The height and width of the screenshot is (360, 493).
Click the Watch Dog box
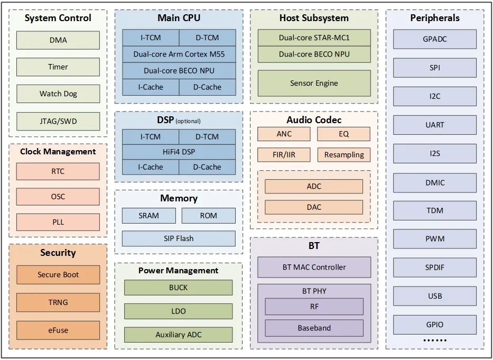[58, 94]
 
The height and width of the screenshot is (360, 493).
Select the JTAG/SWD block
[58, 121]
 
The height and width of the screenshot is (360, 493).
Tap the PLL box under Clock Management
[58, 222]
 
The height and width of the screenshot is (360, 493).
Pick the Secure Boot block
[58, 275]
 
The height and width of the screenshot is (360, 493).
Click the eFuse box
[58, 330]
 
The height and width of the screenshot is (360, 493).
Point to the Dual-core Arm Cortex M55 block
[179, 54]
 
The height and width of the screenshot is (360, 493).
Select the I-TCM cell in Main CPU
[151, 38]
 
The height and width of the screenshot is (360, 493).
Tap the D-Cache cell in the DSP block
[207, 167]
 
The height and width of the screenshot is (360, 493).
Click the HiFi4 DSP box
[179, 152]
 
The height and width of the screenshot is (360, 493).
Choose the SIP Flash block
[179, 238]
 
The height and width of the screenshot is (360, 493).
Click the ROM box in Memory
[209, 216]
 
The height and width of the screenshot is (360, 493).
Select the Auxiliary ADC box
[178, 335]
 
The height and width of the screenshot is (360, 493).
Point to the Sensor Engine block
[314, 83]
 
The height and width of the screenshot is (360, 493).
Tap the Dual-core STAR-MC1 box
[314, 38]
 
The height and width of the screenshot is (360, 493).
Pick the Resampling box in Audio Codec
[344, 155]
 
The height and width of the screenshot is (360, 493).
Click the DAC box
[314, 207]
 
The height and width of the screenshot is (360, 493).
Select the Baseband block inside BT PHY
[314, 328]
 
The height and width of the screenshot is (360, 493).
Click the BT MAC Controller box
[314, 267]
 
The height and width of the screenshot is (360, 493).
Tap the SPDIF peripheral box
[435, 267]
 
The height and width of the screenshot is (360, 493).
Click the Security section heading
[58, 253]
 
